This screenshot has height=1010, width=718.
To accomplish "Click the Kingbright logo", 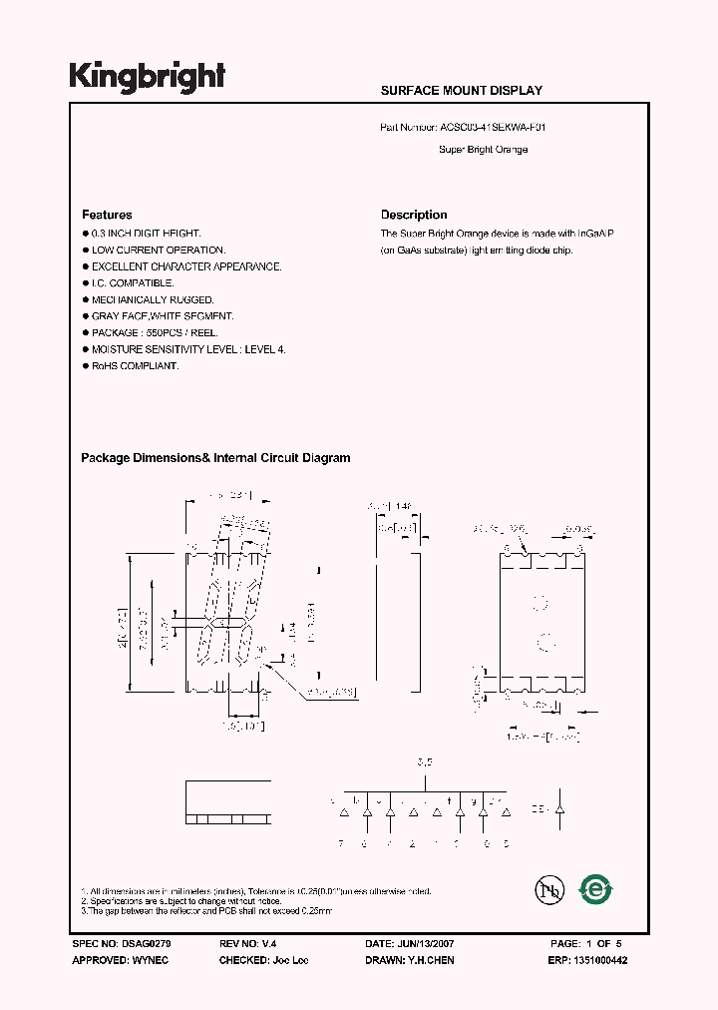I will click(x=147, y=76).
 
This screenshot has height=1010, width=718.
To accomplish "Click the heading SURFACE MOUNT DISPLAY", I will click(x=461, y=91).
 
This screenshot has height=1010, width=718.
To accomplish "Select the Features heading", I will click(x=107, y=215).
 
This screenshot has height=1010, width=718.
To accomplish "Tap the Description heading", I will click(x=414, y=215).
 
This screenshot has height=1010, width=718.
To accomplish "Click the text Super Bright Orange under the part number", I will click(x=483, y=150).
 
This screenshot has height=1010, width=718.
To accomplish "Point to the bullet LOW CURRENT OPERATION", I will click(x=159, y=251).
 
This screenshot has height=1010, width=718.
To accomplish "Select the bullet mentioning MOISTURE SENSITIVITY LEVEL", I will click(x=188, y=349).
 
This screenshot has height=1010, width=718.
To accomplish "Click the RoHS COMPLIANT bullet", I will click(x=135, y=366).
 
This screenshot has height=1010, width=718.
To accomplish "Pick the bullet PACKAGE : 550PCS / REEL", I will click(x=155, y=333).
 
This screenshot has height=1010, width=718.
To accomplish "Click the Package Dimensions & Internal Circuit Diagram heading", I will click(x=215, y=458).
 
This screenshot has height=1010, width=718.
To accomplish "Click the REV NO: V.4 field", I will click(x=244, y=943).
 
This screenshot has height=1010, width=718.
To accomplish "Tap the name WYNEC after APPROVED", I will click(x=152, y=960).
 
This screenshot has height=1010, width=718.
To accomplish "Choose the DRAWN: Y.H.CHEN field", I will click(x=411, y=960).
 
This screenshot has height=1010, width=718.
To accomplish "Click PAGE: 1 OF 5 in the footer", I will click(x=585, y=943).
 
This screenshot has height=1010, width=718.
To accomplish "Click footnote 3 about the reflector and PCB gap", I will click(x=206, y=911).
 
